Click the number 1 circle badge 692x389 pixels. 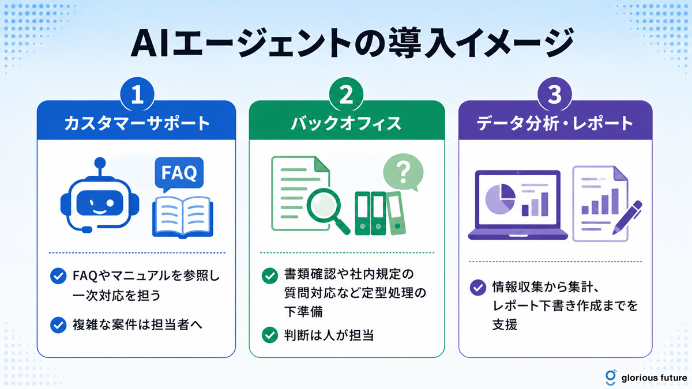pos(137,94)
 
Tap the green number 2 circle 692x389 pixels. pos(347,94)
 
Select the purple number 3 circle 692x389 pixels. pos(555,94)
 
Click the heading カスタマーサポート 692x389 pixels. pos(137,123)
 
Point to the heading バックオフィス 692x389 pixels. pos(347,123)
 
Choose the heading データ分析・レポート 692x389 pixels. pos(555,123)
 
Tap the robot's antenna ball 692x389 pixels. pos(100,163)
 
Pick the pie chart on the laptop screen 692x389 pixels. pos(501,199)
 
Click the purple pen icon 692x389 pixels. pos(627,218)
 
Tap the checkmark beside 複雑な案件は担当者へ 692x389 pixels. pos(58,325)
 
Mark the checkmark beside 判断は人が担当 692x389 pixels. pos(270,335)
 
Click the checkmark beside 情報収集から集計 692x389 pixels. pos(477,288)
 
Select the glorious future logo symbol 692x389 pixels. pos(611,377)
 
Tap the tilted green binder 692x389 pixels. pos(396,213)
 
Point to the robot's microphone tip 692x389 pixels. pos(87,229)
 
